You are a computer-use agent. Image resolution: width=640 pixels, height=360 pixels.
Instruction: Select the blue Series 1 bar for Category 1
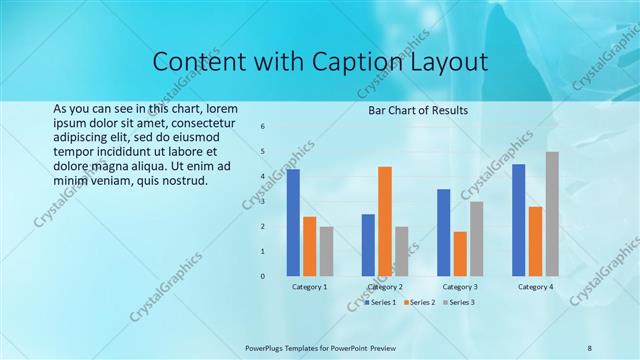293,222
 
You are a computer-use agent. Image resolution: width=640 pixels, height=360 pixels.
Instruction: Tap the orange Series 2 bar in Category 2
385,221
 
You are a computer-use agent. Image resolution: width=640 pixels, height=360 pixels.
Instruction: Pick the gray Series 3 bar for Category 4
552,214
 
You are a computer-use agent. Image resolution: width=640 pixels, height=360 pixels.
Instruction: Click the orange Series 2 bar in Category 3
460,253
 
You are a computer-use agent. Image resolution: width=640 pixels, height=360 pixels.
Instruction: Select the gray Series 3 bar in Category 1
327,251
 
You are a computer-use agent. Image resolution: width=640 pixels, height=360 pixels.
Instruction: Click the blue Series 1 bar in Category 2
368,245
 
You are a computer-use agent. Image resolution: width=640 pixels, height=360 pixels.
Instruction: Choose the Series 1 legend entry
380,302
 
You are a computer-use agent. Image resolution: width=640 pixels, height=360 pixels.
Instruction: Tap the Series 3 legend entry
459,302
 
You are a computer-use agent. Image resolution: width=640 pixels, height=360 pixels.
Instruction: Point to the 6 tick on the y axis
262,127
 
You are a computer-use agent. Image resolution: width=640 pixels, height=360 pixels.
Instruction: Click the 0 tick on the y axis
262,276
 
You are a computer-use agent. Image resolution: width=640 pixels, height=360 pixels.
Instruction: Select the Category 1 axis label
309,287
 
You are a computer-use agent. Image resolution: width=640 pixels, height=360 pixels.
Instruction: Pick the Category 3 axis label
460,287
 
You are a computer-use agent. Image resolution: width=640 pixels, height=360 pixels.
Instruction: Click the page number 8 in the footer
590,347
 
